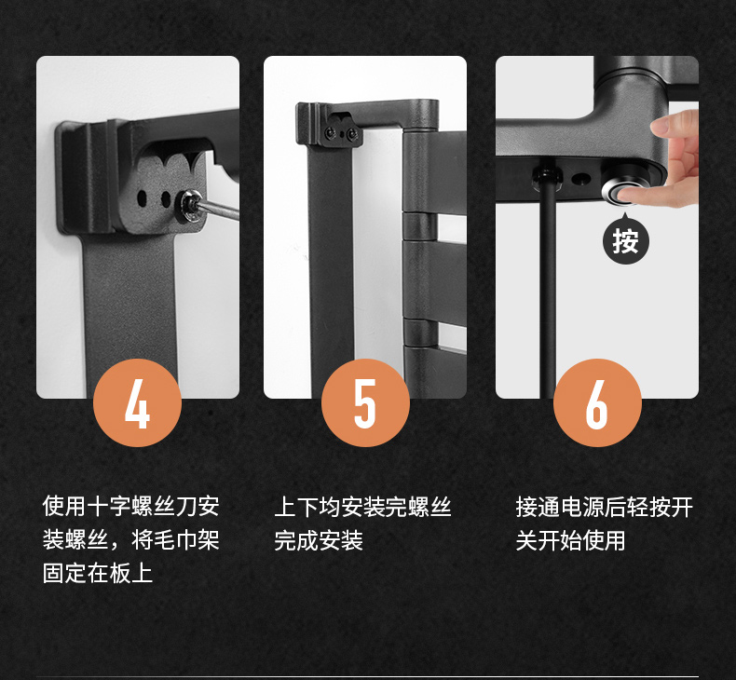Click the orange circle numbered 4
click(138, 402)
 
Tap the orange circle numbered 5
click(365, 402)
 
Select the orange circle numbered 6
click(597, 402)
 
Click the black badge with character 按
click(625, 239)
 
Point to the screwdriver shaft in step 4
click(220, 210)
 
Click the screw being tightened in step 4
click(191, 206)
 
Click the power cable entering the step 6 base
click(548, 291)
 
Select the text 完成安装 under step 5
click(319, 540)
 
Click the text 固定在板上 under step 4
click(98, 573)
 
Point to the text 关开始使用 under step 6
click(570, 540)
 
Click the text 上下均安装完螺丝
click(362, 507)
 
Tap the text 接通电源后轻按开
click(604, 507)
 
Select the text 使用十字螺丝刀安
click(131, 506)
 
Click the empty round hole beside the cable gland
click(581, 179)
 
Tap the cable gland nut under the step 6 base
click(546, 178)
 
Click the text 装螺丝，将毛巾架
click(131, 539)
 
